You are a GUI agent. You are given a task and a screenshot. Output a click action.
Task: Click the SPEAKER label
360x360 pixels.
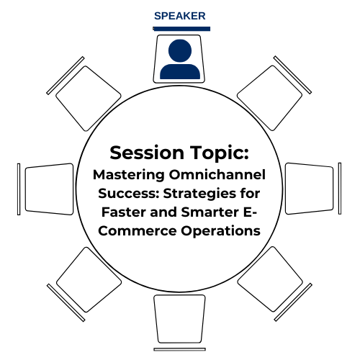click(x=180, y=16)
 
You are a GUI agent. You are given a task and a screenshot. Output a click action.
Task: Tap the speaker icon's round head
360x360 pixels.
click(x=180, y=50)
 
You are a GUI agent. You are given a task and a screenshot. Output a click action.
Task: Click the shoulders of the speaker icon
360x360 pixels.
click(x=180, y=71)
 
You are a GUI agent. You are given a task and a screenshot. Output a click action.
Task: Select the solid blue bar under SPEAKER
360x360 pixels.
click(x=181, y=29)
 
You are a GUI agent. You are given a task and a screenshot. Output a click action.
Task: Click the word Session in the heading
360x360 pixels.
click(x=147, y=153)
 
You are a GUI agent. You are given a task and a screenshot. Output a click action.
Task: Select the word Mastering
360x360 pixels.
click(x=129, y=175)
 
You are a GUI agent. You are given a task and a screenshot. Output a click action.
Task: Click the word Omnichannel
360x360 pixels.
click(x=217, y=174)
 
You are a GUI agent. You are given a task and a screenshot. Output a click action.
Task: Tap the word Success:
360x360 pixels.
click(x=129, y=194)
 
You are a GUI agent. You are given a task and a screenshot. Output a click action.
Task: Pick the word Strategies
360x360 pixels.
click(x=199, y=194)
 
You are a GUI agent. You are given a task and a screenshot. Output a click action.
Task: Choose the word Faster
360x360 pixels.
click(x=124, y=212)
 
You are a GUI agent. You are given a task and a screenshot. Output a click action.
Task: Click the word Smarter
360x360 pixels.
click(x=210, y=212)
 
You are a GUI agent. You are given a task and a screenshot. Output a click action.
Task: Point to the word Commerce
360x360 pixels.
click(x=138, y=231)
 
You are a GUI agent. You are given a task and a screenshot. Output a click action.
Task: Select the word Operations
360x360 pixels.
click(x=220, y=231)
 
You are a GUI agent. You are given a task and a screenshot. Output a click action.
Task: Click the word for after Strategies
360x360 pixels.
click(x=250, y=194)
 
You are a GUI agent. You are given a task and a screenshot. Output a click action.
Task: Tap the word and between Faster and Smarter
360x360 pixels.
click(x=163, y=212)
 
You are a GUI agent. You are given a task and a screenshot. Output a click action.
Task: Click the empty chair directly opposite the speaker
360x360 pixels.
click(x=179, y=319)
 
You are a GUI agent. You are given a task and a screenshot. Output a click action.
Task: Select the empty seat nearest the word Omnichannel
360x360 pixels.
click(x=310, y=189)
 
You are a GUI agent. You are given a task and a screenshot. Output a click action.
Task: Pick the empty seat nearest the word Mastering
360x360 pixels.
click(x=49, y=189)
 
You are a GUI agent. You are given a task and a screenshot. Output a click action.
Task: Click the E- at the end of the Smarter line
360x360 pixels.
click(x=251, y=212)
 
